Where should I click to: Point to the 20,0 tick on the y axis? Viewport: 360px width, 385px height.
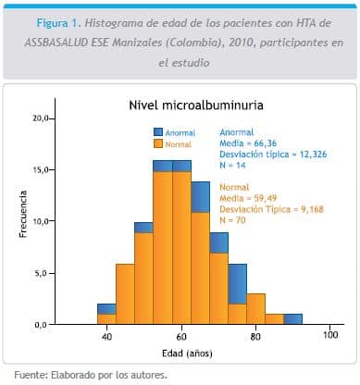pyautogui.click(x=41, y=118)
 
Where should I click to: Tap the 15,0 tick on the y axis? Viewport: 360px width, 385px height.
pyautogui.click(x=41, y=170)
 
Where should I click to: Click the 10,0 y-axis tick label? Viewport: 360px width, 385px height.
pyautogui.click(x=41, y=222)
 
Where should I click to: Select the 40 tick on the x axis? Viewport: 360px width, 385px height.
pyautogui.click(x=107, y=337)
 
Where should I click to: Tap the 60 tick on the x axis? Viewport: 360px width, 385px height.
pyautogui.click(x=182, y=337)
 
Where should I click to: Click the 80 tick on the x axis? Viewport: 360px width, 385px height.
pyautogui.click(x=256, y=337)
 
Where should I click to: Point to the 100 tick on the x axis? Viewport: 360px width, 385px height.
pyautogui.click(x=330, y=337)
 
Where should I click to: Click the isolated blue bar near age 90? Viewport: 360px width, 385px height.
pyautogui.click(x=292, y=319)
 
